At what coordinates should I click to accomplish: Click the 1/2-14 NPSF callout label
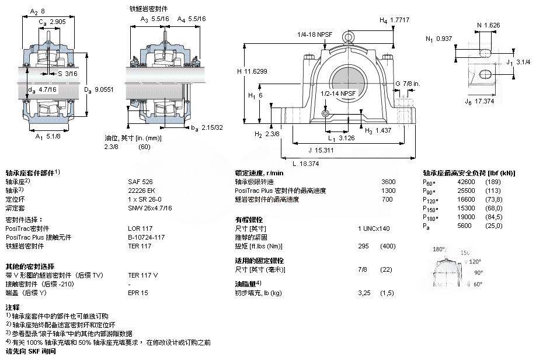pyautogui.click(x=338, y=93)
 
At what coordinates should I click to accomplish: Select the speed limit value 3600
pyautogui.click(x=388, y=182)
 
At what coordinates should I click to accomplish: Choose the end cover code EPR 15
pyautogui.click(x=138, y=293)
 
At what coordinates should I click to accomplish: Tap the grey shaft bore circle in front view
pyautogui.click(x=344, y=80)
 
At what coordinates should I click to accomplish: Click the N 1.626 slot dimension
pyautogui.click(x=488, y=25)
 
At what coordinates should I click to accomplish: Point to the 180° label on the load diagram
pyautogui.click(x=439, y=249)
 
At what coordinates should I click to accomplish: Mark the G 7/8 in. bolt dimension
pyautogui.click(x=408, y=84)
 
